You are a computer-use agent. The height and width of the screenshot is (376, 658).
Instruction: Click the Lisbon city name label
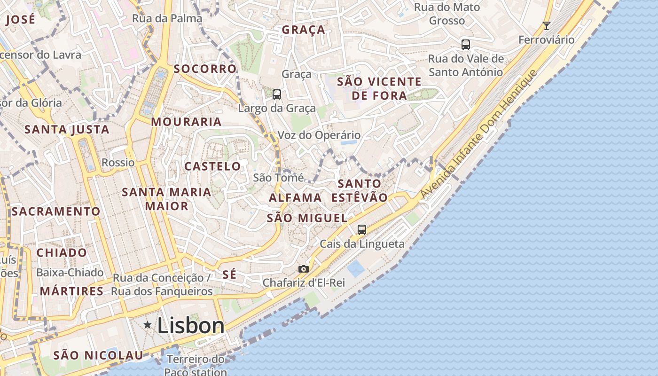[x=190, y=325]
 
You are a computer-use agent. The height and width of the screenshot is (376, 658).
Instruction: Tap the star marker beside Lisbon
[x=148, y=325]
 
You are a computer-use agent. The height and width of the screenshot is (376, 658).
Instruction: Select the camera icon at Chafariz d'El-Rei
[x=304, y=269]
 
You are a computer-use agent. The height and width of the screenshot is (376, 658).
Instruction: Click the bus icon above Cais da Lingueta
[x=361, y=230]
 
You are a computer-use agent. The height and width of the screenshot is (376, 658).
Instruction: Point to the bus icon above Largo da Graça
[x=277, y=94]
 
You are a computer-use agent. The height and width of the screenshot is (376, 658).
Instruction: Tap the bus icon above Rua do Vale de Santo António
[x=465, y=45]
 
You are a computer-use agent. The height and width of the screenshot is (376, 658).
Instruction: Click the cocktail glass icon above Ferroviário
[x=546, y=25]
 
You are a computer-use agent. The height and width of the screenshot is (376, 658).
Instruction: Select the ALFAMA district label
[x=295, y=198]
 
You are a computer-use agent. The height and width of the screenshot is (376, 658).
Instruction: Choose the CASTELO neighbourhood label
[x=212, y=166]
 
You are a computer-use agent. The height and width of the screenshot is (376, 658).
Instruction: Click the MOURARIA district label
[x=186, y=122]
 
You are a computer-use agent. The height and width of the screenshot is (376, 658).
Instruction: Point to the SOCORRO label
[x=205, y=69]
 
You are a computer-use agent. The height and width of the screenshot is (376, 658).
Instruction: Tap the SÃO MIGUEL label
[x=307, y=218]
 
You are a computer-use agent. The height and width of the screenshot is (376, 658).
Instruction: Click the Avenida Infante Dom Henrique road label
[x=478, y=134]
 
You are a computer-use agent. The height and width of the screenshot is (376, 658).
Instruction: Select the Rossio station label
[x=118, y=163]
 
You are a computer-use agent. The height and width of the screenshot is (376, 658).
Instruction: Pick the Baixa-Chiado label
[x=70, y=273]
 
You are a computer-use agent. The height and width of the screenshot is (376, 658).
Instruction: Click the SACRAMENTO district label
[x=56, y=211]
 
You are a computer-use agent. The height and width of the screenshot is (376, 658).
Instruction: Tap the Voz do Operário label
[x=319, y=135]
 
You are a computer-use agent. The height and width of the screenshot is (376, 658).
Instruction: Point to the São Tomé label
[x=278, y=178]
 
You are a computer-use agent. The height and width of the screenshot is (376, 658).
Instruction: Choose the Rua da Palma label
[x=167, y=18]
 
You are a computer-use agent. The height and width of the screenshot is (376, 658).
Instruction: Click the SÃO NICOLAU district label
[x=98, y=355]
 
